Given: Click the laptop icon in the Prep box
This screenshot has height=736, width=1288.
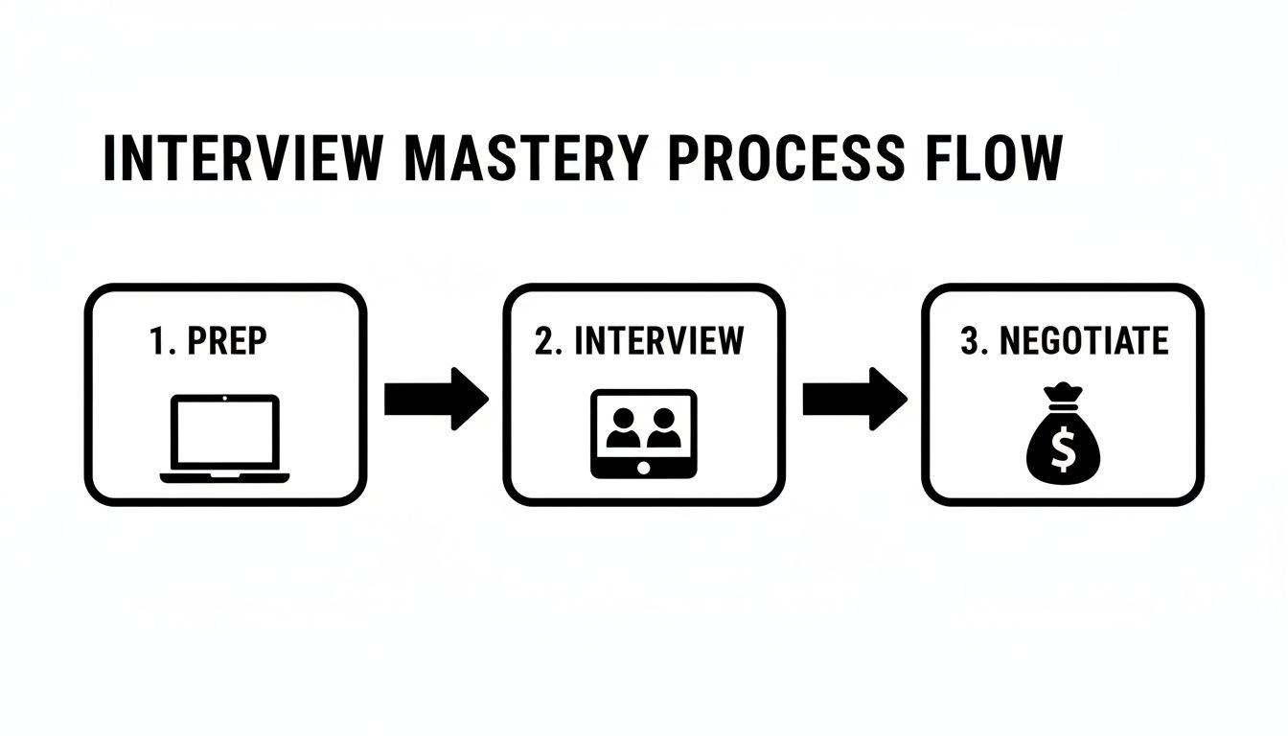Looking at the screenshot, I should pos(224,437).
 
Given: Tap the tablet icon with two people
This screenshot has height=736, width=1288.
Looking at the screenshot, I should pos(643,433).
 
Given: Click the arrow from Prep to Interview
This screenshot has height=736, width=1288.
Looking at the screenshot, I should pos(436,398).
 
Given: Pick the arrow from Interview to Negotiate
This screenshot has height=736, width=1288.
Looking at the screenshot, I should pos(854,398).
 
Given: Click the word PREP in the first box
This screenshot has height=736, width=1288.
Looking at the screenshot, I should pos(226,342).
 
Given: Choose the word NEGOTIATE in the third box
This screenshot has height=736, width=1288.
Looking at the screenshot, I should pos(1084,342).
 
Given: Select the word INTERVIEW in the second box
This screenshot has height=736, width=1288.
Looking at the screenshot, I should pos(658,342).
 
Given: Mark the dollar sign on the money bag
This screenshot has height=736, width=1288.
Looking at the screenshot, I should pos(1063,449).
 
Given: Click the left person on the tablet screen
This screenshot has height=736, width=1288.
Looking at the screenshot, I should pos(624,428).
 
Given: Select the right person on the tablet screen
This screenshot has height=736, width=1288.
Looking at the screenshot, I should pos(663,428).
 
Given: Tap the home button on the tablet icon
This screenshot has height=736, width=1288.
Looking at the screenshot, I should pos(643,467).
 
